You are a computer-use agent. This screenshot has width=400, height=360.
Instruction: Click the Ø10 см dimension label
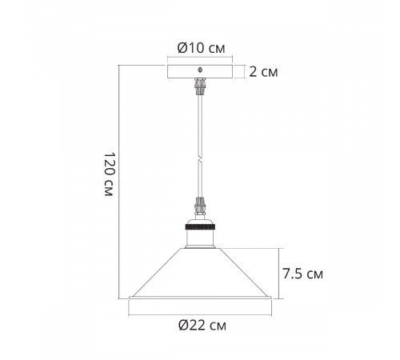201,48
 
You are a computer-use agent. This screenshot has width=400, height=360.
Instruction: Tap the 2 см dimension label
263,72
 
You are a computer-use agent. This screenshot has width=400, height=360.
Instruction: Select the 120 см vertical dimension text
110,174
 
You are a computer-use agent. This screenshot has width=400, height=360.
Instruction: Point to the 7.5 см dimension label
302,274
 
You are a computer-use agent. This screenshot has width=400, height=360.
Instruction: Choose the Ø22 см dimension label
202,326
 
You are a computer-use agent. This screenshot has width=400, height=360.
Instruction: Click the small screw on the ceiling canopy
200,70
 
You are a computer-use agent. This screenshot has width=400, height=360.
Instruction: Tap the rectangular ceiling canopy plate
200,71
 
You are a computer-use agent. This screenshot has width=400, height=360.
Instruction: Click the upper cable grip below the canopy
200,86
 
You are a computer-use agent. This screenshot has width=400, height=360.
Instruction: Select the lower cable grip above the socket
200,206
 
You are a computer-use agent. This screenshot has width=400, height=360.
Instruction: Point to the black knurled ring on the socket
200,227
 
